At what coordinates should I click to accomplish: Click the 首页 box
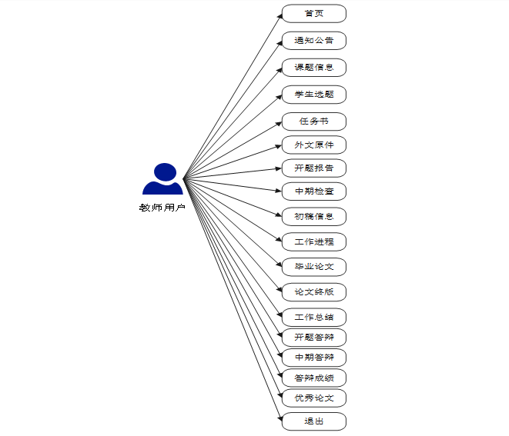point(313,14)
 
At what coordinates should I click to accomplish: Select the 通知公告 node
point(313,41)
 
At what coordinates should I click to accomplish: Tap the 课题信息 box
point(313,68)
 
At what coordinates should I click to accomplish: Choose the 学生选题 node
point(313,95)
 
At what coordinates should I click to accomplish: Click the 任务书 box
point(313,121)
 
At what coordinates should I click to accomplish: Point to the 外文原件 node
point(313,145)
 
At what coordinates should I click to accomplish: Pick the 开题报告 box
point(313,168)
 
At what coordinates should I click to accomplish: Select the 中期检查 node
point(313,191)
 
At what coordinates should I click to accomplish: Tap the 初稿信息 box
point(313,216)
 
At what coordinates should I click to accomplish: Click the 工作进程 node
point(313,241)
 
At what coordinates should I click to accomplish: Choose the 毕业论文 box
point(313,267)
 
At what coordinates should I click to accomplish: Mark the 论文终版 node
point(313,292)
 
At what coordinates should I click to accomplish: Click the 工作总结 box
point(313,317)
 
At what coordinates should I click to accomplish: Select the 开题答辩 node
point(313,337)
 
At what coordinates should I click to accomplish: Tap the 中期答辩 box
point(313,358)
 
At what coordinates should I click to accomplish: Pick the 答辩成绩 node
point(313,378)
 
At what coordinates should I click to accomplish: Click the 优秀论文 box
point(313,398)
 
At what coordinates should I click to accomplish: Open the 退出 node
point(313,421)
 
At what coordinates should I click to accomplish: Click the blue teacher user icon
point(162,179)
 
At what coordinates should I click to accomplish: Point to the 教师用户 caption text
point(162,208)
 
